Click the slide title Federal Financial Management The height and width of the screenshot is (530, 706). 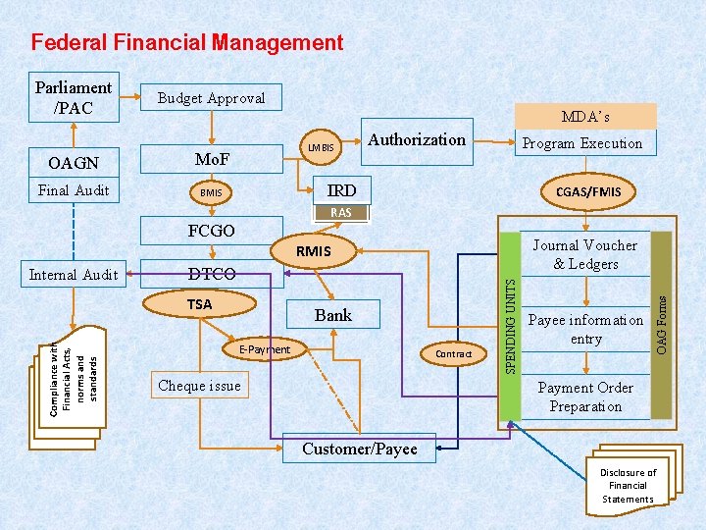(187, 43)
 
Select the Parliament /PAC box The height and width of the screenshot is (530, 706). (75, 97)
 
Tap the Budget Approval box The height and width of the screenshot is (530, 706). (211, 98)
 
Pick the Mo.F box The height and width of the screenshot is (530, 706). (212, 159)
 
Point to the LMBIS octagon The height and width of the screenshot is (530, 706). (321, 148)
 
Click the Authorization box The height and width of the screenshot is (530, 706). (417, 140)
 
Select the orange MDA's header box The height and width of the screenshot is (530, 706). (585, 117)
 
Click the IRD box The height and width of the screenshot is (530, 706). (341, 190)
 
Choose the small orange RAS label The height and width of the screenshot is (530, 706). (340, 213)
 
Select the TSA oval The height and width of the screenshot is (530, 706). (199, 304)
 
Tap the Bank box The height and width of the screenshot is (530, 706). (332, 315)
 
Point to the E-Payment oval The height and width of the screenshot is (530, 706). (264, 349)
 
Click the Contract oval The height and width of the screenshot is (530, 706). (453, 353)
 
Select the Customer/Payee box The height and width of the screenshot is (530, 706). (359, 449)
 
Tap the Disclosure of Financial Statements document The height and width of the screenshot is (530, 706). (628, 486)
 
